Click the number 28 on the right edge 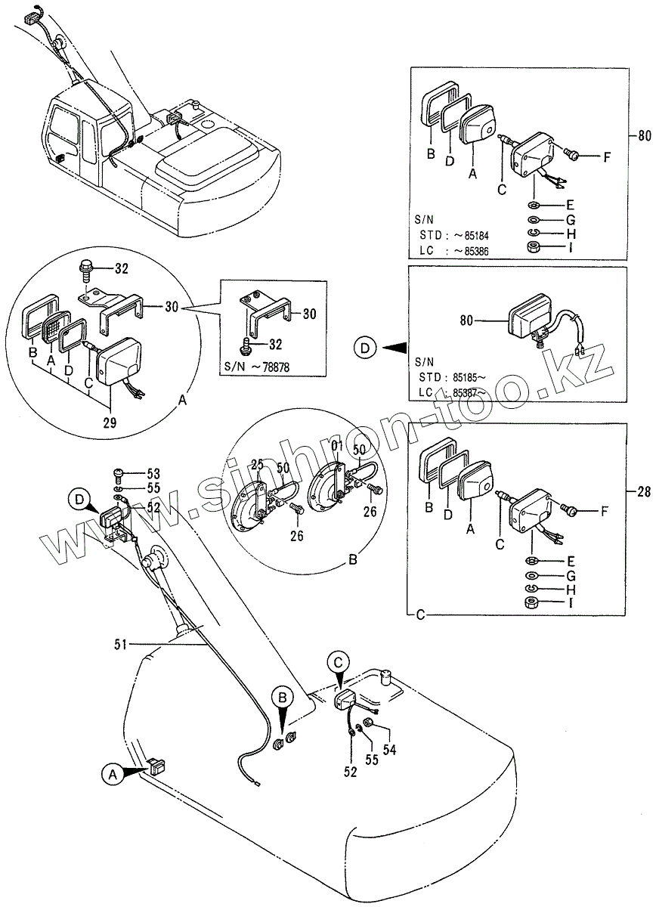pyautogui.click(x=643, y=492)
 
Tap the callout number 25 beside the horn pyautogui.click(x=256, y=465)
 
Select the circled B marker pyautogui.click(x=281, y=697)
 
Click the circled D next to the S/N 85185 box pyautogui.click(x=366, y=348)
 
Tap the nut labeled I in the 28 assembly pyautogui.click(x=531, y=602)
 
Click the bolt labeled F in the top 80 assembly pyautogui.click(x=572, y=155)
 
